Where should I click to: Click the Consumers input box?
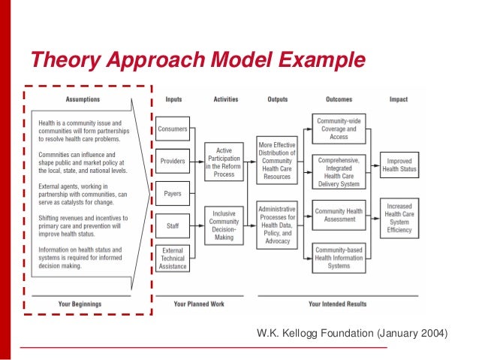(173, 129)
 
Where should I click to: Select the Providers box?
(173, 160)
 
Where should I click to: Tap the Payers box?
(173, 193)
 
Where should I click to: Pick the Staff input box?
(173, 225)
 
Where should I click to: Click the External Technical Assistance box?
(173, 258)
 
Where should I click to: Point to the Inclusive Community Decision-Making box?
(224, 225)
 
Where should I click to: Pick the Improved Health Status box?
(399, 165)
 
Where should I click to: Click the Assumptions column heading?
(83, 98)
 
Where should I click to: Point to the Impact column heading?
(399, 98)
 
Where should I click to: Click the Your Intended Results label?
(337, 304)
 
